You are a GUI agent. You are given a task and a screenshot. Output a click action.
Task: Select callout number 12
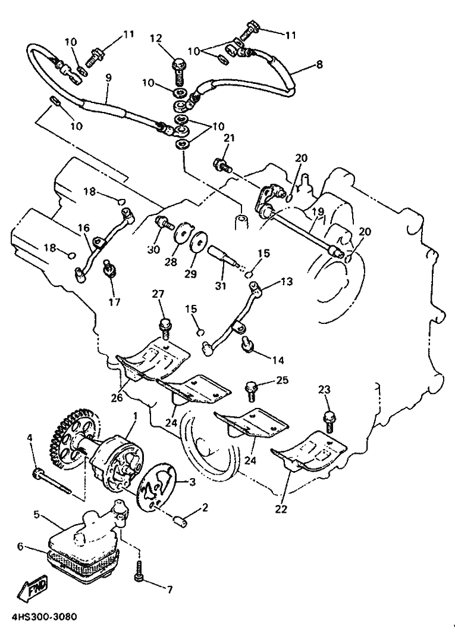tap(156, 38)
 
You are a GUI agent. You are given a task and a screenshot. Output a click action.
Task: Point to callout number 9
tap(108, 77)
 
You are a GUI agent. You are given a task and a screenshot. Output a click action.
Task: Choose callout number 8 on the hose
tap(319, 64)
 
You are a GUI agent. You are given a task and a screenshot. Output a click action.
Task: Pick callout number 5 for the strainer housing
tap(36, 514)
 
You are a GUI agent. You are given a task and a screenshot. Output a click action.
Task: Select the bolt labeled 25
tap(251, 390)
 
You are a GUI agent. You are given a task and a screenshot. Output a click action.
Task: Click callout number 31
tap(220, 286)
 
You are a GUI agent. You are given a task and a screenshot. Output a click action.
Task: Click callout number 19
tap(318, 211)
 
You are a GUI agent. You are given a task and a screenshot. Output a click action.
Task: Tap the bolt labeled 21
tap(222, 164)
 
